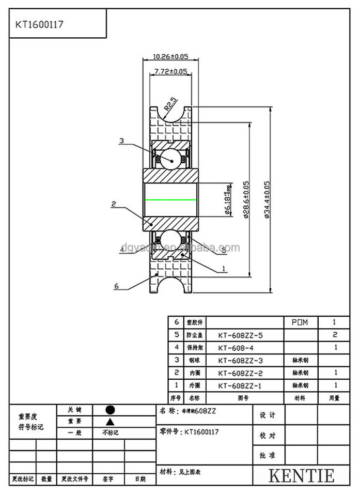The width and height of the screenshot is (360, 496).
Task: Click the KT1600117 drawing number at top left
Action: click(x=39, y=24)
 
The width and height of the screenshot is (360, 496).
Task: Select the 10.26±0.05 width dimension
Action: click(x=170, y=57)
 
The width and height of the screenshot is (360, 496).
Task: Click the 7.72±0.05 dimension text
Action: click(x=170, y=71)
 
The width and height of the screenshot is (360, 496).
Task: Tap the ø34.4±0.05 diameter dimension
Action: click(x=267, y=199)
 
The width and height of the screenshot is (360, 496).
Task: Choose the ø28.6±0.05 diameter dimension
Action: click(x=246, y=199)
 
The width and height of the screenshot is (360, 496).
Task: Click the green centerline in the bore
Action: click(x=170, y=199)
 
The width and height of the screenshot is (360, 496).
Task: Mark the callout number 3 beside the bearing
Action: click(x=121, y=141)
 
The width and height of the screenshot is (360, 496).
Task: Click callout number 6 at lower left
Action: click(x=117, y=286)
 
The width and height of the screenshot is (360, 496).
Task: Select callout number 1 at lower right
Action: click(x=223, y=268)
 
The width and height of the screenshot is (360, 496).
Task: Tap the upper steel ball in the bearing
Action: click(x=171, y=160)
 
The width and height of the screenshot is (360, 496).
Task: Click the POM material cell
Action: click(x=300, y=322)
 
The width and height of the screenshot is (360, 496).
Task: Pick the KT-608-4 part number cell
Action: click(x=237, y=347)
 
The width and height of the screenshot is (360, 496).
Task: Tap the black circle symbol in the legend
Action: click(x=109, y=409)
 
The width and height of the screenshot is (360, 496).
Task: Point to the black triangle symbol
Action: click(x=109, y=421)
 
